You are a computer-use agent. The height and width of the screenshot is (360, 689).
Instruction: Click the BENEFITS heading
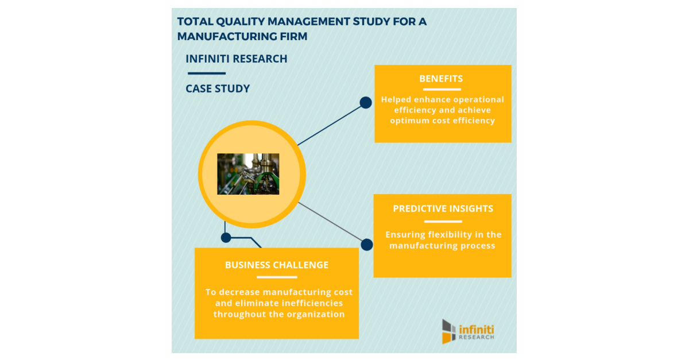(x=441, y=79)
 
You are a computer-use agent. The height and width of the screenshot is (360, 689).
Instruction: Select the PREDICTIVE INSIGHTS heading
(x=443, y=209)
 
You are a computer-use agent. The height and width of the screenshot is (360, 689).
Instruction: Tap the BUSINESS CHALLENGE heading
(x=277, y=265)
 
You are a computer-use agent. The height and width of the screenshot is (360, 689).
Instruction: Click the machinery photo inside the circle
(x=248, y=174)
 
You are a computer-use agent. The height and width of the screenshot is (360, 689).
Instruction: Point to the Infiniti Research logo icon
(x=448, y=331)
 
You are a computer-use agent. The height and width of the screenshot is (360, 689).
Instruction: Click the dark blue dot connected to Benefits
(x=366, y=103)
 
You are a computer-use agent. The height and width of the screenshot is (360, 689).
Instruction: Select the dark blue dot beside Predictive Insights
(x=367, y=245)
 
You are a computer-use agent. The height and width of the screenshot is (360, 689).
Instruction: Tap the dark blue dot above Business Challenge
(x=226, y=237)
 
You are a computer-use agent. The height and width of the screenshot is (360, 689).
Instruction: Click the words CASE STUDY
(x=218, y=89)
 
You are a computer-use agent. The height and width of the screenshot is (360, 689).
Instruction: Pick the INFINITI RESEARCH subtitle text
(x=237, y=59)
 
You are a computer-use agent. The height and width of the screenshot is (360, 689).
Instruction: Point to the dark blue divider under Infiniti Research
(x=207, y=73)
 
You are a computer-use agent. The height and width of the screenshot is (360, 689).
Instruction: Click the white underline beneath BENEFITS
(x=441, y=90)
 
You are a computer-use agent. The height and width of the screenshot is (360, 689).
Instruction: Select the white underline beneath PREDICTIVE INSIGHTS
(x=443, y=221)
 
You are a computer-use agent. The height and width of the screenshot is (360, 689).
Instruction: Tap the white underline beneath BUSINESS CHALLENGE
(x=277, y=277)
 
